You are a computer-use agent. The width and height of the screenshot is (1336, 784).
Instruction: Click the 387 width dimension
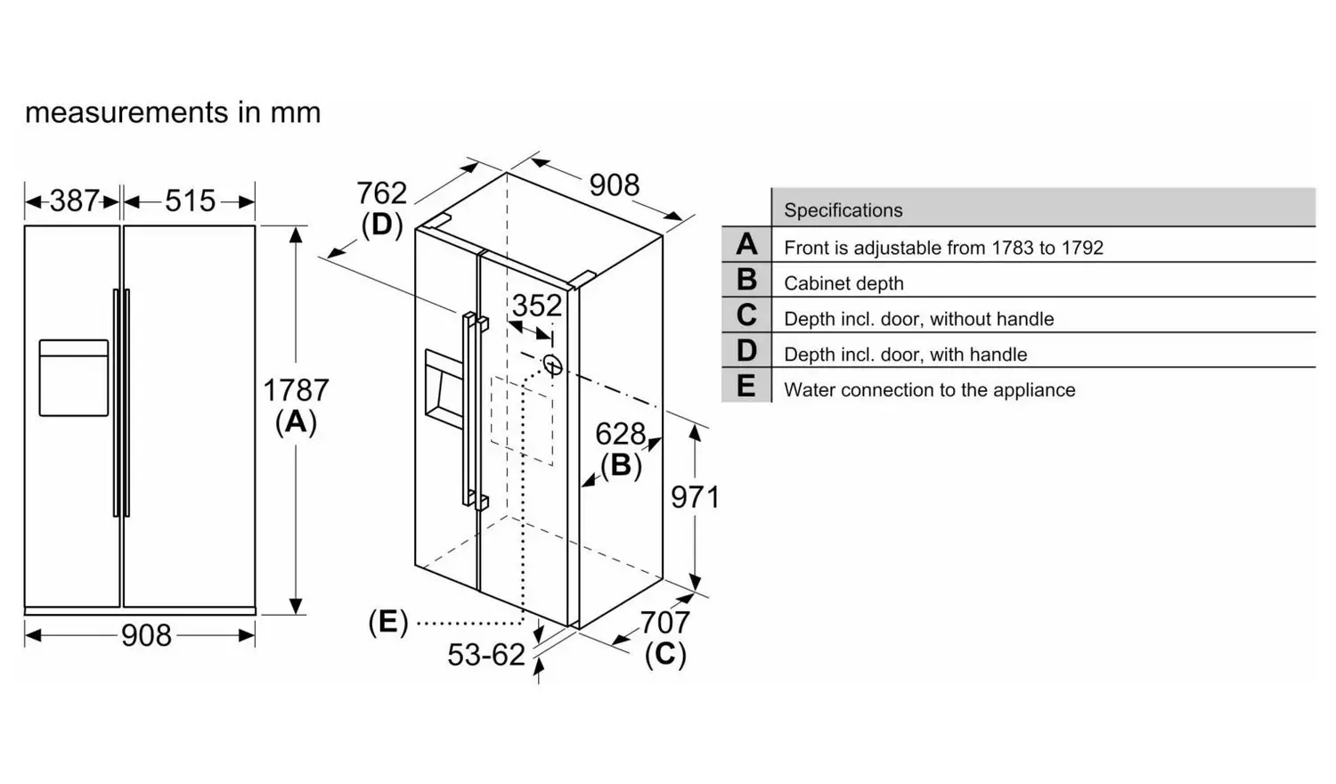(x=75, y=200)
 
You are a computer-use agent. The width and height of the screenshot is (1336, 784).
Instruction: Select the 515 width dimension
(x=190, y=200)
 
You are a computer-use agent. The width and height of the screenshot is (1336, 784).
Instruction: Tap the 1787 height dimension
(x=296, y=390)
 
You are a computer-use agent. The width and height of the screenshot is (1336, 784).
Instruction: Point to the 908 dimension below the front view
(x=146, y=635)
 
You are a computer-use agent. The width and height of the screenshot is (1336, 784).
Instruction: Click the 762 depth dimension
(x=382, y=193)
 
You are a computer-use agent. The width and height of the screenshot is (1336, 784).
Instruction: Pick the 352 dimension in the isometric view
(x=537, y=306)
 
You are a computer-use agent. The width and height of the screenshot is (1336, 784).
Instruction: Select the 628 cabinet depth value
(x=620, y=434)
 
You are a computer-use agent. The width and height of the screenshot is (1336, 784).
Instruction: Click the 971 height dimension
(x=696, y=497)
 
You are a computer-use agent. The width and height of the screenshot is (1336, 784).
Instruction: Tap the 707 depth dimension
(x=665, y=623)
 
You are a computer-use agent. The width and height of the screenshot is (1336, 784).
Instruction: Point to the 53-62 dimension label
(x=486, y=655)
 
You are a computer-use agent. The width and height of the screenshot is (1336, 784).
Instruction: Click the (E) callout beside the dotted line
(x=387, y=623)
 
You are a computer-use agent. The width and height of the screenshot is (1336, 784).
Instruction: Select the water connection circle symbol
(x=552, y=364)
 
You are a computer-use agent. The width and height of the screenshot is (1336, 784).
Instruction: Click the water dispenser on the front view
(x=74, y=378)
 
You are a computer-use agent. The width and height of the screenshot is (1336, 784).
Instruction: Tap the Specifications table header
(x=843, y=210)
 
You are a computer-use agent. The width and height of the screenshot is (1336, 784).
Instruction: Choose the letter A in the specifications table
(x=746, y=244)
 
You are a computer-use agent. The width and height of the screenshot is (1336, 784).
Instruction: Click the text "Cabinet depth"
(x=843, y=282)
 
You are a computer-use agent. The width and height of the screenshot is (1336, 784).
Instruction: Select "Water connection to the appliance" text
(x=929, y=389)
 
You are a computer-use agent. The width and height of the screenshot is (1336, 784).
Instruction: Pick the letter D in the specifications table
(x=746, y=350)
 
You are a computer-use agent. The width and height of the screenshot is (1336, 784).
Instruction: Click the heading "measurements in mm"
(x=173, y=112)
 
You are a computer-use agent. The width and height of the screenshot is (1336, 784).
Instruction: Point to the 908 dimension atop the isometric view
(x=615, y=185)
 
